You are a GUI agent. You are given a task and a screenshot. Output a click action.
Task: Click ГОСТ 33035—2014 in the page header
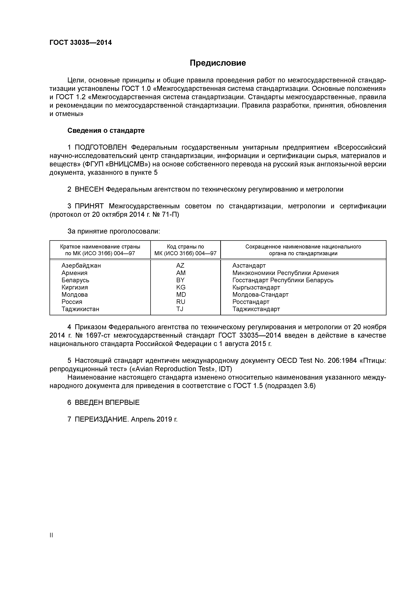pos(81,43)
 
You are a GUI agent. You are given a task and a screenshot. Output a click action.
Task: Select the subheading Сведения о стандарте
pos(106,131)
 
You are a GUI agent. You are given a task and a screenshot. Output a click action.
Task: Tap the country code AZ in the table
pos(180,265)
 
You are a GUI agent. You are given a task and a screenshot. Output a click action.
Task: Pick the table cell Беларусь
pos(75,280)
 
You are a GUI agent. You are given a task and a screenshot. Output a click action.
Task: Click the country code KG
pos(181,287)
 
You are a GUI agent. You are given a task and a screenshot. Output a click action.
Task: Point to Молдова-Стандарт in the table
pos(260,294)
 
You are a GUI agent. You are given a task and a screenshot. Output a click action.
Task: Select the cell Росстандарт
pos(251,302)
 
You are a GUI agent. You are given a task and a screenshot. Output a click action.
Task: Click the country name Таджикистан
pos(80,309)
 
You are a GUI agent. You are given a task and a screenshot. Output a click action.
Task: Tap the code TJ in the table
pos(180,309)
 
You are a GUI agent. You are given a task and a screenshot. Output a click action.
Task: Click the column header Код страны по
pos(185,247)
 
